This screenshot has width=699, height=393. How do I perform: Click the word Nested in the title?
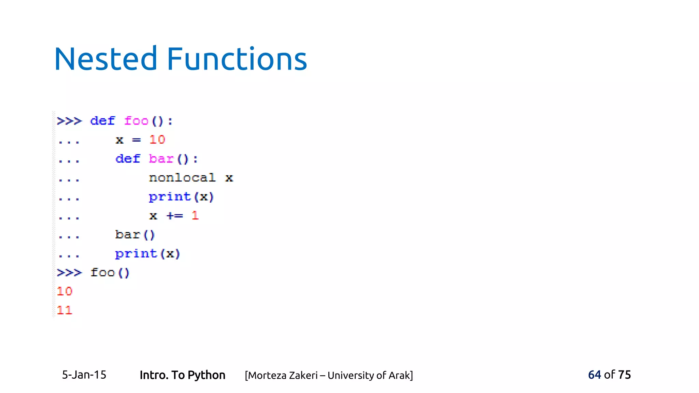coord(105,59)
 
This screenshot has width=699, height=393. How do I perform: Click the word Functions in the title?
coord(237,59)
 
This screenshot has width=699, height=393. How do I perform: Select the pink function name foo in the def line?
coord(136,121)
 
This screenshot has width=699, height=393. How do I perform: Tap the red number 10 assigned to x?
coord(157,140)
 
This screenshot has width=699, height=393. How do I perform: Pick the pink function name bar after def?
coord(161,159)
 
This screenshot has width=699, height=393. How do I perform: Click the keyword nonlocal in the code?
coord(182,178)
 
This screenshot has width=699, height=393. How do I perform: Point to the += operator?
coord(175,216)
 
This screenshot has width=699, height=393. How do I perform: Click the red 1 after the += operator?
coord(195,216)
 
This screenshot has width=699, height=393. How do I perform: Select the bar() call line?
coord(135,235)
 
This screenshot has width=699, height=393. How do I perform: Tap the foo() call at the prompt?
coord(110,273)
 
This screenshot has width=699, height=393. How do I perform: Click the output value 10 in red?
coord(65,291)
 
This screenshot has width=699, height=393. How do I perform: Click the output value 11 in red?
coord(65,310)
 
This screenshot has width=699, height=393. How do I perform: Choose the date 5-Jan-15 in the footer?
coord(84,375)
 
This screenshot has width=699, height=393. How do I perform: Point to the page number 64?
coord(594,375)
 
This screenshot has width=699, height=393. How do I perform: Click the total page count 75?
coord(624,375)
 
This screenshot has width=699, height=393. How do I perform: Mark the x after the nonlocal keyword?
coord(229,178)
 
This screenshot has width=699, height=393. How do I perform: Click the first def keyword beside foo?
coord(102,121)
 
